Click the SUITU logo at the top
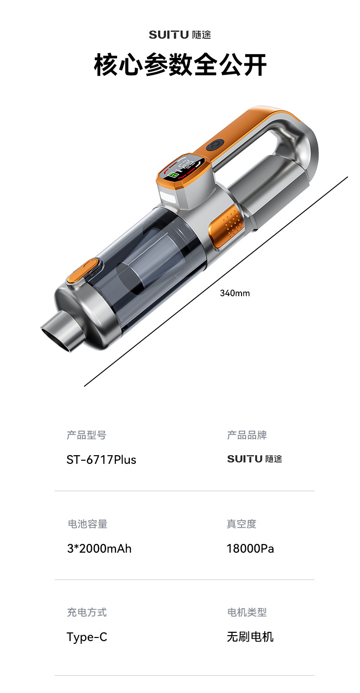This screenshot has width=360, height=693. coord(180,34)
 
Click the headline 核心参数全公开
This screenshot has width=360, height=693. coord(180,65)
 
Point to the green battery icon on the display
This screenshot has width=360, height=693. coord(173,175)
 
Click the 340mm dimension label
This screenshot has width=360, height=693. coord(235,293)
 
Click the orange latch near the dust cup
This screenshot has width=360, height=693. coord(83,271)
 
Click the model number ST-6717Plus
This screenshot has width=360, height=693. coord(101,460)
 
